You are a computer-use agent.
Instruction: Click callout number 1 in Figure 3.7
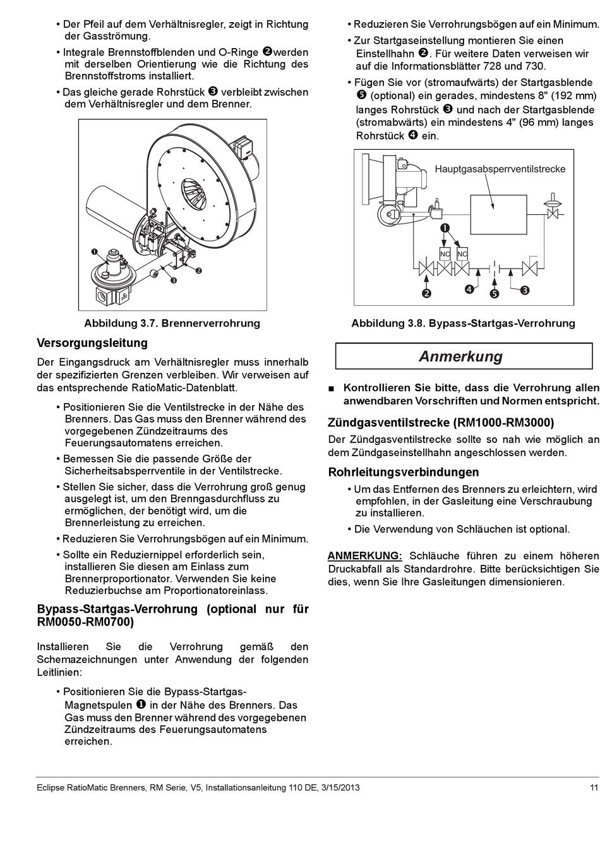94,251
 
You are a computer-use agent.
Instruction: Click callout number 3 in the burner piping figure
173,280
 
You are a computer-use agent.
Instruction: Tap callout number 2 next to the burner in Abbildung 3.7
198,270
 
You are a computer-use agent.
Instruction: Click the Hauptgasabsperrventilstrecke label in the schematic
500,169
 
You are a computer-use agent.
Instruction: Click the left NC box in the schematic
445,254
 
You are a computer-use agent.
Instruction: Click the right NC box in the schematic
462,254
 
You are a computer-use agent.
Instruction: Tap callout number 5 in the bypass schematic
494,294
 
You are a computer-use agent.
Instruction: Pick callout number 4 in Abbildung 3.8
469,289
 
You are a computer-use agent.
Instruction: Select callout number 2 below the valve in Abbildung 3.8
426,293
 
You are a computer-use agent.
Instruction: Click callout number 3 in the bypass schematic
525,290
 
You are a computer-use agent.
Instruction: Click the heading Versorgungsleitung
92,343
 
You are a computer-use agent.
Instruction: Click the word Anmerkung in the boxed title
461,356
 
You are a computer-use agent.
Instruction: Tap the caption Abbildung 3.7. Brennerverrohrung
172,324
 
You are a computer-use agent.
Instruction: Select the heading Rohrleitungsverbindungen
404,472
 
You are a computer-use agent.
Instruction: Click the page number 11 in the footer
594,787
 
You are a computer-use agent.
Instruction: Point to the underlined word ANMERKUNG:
364,556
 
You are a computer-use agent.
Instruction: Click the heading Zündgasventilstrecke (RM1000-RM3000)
441,423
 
